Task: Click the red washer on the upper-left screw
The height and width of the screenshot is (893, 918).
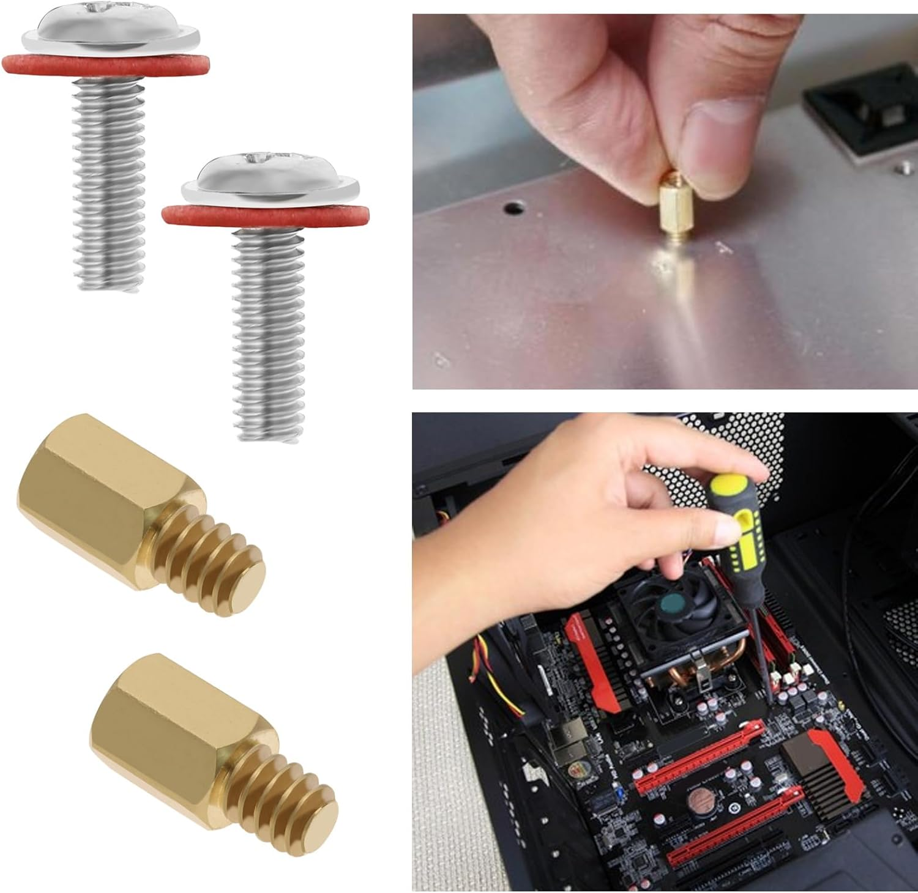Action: click(x=37, y=64)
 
